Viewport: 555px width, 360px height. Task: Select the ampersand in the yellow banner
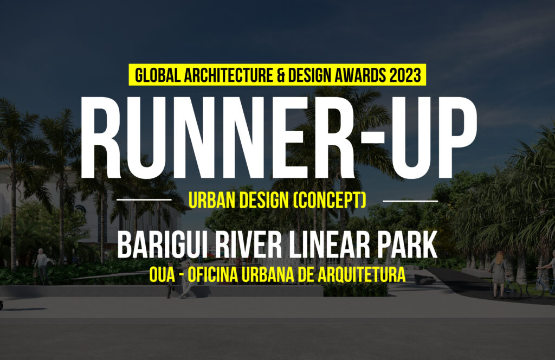pyautogui.click(x=280, y=75)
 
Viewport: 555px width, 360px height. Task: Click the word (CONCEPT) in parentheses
pyautogui.click(x=330, y=200)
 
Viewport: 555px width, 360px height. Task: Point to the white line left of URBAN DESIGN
pyautogui.click(x=144, y=200)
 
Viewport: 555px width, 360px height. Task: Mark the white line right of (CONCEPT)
pyautogui.click(x=411, y=201)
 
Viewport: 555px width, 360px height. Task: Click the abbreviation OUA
pyautogui.click(x=162, y=275)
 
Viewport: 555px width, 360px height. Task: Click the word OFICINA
pyautogui.click(x=212, y=275)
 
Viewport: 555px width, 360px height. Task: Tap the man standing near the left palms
pyautogui.click(x=41, y=266)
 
